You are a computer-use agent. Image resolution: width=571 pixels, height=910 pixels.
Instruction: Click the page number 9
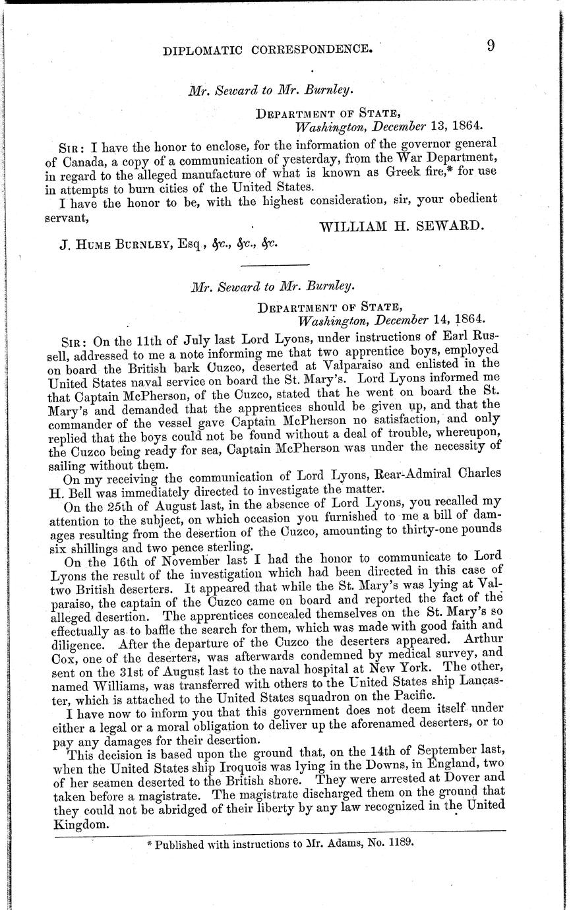[x=491, y=45]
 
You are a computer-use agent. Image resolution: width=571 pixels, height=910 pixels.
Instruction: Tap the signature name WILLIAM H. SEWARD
[x=402, y=226]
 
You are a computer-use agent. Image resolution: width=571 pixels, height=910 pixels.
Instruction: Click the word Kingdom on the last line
[x=78, y=825]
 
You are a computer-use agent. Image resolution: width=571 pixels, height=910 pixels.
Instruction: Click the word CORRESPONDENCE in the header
[x=312, y=48]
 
